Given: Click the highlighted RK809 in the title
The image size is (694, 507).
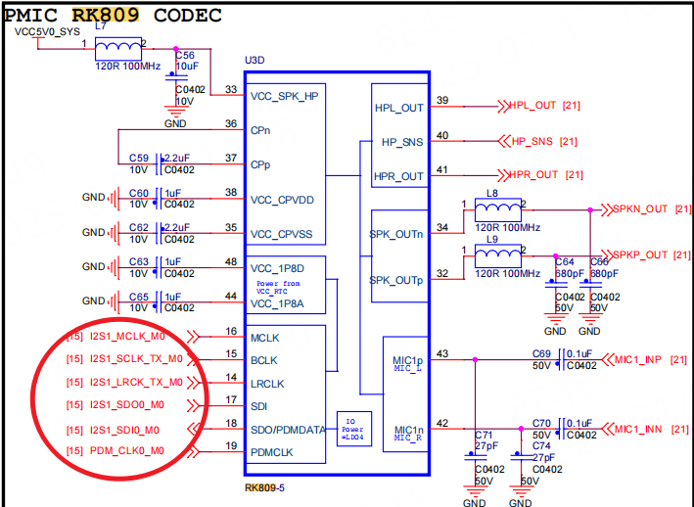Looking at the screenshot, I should (x=105, y=14).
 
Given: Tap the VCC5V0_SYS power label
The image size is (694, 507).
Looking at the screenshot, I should (x=47, y=31).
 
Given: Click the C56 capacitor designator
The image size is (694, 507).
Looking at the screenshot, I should (x=185, y=56).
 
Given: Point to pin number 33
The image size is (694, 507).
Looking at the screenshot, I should (x=230, y=89).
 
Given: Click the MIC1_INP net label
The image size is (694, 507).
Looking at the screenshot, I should (x=638, y=359).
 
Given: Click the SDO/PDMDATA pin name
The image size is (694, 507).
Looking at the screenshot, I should (x=287, y=430).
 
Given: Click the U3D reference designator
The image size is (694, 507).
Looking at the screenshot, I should (x=254, y=60).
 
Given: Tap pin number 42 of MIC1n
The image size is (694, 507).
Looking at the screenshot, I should (x=442, y=423).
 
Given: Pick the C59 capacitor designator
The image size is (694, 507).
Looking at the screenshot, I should (x=138, y=158).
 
